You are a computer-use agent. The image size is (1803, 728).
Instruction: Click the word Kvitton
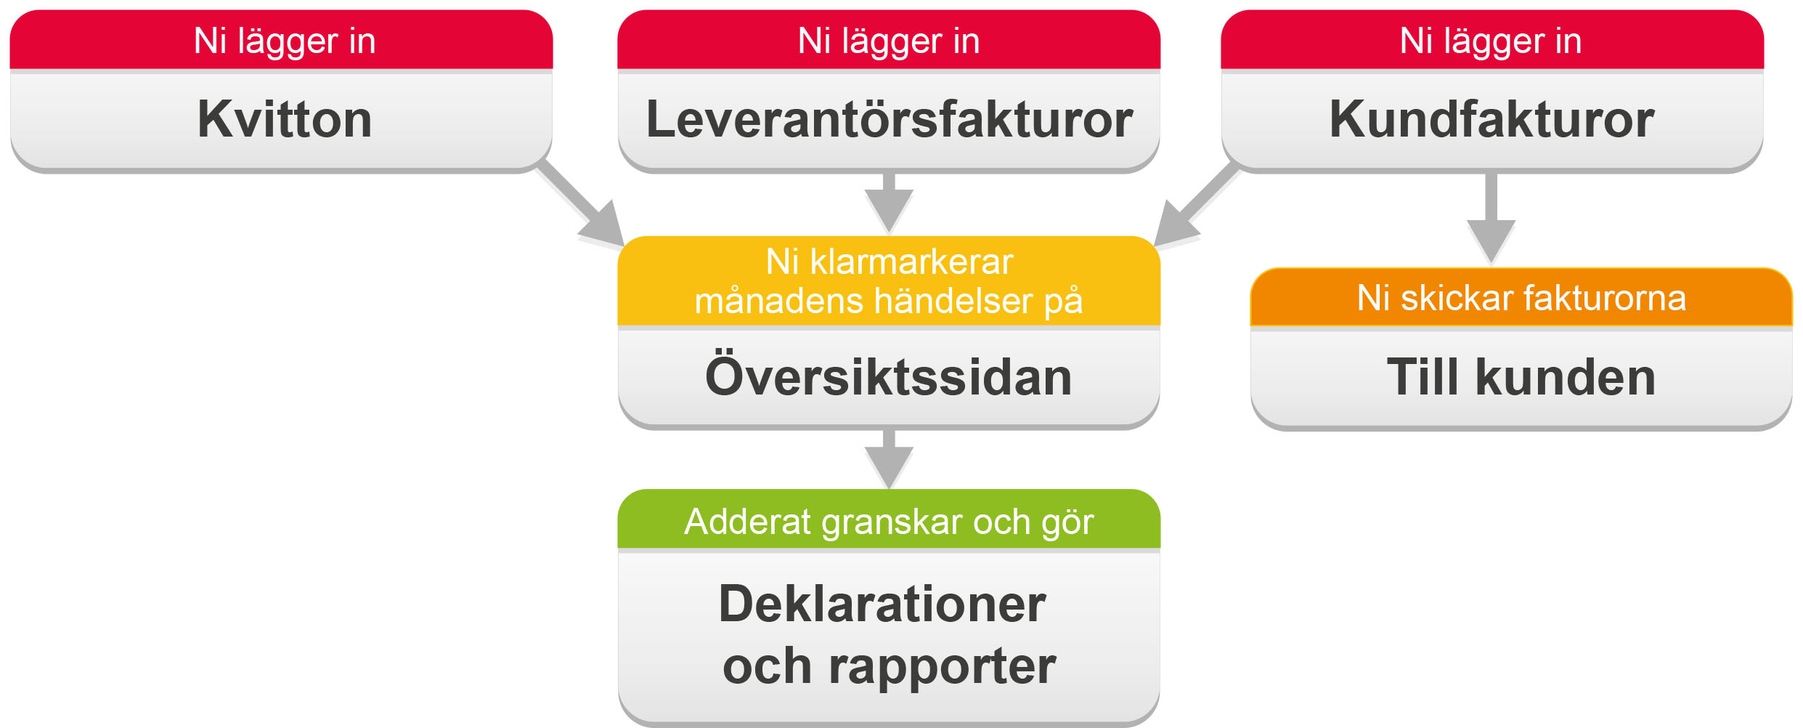click(x=285, y=119)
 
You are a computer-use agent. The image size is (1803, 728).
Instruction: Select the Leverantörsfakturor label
click(x=889, y=119)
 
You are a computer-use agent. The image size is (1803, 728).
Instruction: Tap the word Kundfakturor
click(x=1491, y=119)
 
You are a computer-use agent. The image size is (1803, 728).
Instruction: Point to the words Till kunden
click(x=1521, y=377)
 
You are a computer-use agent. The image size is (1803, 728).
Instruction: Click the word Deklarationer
click(x=882, y=604)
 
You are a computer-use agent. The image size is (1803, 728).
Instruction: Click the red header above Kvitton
click(x=281, y=40)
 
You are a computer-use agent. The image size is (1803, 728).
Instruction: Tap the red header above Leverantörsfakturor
click(x=889, y=40)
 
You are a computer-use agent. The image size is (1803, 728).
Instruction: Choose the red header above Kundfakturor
click(x=1492, y=40)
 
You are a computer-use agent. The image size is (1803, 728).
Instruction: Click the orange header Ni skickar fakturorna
click(x=1521, y=297)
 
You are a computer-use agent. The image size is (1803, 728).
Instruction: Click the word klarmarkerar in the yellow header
click(x=911, y=262)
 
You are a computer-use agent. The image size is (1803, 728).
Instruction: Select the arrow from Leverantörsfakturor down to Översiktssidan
click(x=889, y=203)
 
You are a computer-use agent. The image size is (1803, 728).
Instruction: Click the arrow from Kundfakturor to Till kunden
click(x=1491, y=218)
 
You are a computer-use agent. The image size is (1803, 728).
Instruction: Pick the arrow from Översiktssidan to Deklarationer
click(x=889, y=459)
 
